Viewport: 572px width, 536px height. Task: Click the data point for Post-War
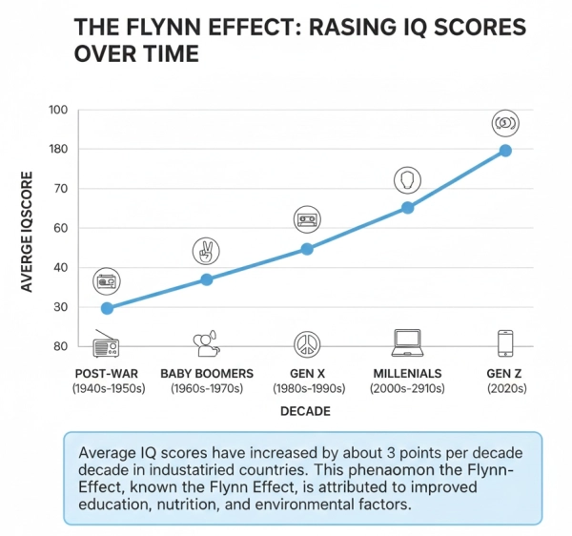click(x=107, y=308)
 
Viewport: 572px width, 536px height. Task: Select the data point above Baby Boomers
click(x=206, y=279)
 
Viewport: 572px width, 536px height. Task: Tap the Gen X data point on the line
click(x=307, y=249)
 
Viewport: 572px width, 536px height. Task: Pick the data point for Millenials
click(x=407, y=207)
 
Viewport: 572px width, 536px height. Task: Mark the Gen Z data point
click(x=505, y=151)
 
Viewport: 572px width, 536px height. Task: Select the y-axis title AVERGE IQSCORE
click(x=28, y=232)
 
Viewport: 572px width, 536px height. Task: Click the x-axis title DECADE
click(x=306, y=412)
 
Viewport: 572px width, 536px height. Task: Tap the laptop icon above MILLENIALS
click(x=407, y=341)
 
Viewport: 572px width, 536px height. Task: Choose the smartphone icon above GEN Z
click(x=505, y=342)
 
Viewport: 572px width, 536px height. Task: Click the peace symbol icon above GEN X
click(x=307, y=342)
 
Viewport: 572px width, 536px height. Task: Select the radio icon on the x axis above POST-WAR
click(x=107, y=342)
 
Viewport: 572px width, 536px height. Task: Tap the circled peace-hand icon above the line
click(x=206, y=251)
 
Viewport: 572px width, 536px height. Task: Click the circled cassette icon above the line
click(x=307, y=220)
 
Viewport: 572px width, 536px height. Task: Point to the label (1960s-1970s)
click(x=206, y=388)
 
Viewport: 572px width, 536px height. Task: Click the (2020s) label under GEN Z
click(x=505, y=388)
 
